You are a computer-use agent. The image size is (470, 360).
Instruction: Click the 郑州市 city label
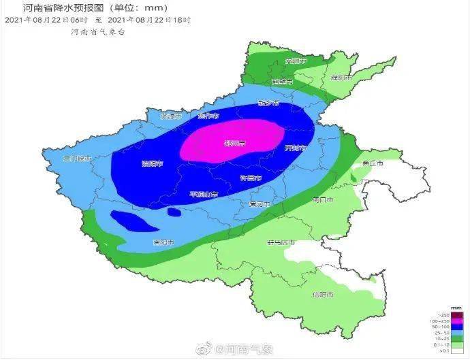tap(234, 144)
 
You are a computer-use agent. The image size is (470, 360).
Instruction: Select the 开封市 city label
tap(295, 148)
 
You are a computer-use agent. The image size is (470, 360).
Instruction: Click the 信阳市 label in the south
tap(322, 295)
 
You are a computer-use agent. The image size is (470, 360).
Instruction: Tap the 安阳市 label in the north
tap(296, 61)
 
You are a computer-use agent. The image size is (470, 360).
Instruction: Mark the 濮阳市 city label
tap(341, 78)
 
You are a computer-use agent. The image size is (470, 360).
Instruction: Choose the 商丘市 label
tap(373, 163)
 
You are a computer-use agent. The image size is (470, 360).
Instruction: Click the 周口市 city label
tap(322, 200)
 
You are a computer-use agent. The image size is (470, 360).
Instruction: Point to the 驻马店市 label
tap(281, 242)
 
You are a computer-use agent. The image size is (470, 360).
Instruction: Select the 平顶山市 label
tap(204, 195)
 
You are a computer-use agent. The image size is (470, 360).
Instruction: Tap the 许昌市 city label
tap(251, 178)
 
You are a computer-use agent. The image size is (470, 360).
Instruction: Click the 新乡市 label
tap(269, 103)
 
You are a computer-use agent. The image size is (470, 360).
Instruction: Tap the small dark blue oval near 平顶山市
tap(174, 212)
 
